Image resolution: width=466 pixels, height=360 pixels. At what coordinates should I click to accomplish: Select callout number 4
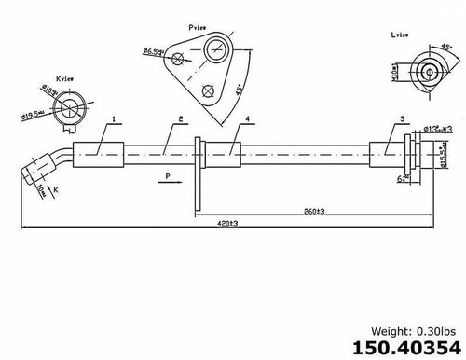coord(248,119)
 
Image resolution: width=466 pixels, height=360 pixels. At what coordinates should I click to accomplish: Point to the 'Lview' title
coord(401,34)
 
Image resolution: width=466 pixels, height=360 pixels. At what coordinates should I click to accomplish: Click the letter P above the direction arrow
coord(166,174)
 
